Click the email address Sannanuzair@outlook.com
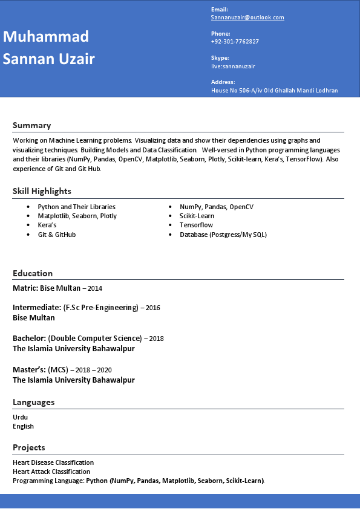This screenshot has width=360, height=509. [x=247, y=18]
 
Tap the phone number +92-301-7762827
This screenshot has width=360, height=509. [x=235, y=42]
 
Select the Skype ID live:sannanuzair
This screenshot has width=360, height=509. [x=233, y=66]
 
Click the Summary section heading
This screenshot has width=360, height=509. [x=31, y=125]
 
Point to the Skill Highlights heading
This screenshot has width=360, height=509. [x=42, y=191]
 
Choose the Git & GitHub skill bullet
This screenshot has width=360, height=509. [x=56, y=235]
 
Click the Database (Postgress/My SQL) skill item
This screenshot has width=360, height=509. [x=223, y=235]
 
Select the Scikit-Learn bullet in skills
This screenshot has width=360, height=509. [x=197, y=216]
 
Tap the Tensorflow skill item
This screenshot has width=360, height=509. [x=196, y=225]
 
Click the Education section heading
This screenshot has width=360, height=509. [x=33, y=273]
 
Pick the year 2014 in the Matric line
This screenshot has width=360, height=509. [x=95, y=288]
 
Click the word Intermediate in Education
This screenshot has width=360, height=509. [x=36, y=307]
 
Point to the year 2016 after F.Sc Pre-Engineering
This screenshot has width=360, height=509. [x=152, y=308]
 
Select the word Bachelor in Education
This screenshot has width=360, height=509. [x=29, y=338]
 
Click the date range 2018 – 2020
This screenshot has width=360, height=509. [x=94, y=370]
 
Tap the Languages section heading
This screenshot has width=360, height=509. [x=33, y=402]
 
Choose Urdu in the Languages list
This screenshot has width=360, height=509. [x=20, y=417]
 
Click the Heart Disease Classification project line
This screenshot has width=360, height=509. [x=53, y=462]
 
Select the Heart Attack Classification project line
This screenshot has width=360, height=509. [x=51, y=472]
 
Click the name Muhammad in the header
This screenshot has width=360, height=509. [x=46, y=36]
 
